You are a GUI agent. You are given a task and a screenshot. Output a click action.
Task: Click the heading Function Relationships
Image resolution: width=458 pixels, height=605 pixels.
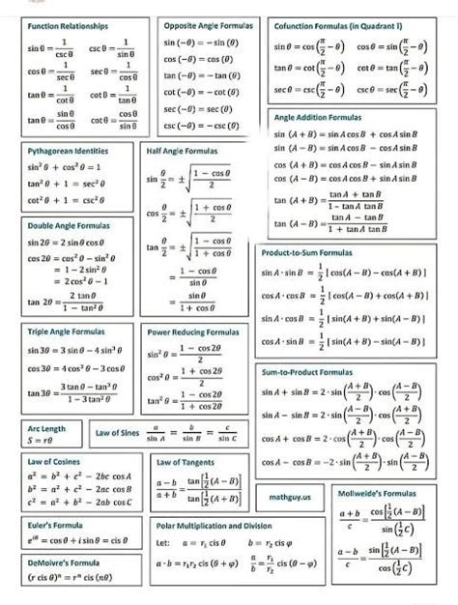68,25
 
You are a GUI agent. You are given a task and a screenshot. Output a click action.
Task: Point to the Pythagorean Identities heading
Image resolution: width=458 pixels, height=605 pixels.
68,152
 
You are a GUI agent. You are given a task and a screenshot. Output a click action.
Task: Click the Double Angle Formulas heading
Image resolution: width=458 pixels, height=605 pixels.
69,225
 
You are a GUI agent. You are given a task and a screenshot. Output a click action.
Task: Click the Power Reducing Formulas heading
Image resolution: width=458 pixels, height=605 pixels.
192,331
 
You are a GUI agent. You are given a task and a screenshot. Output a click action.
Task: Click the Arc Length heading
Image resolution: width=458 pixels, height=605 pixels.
46,427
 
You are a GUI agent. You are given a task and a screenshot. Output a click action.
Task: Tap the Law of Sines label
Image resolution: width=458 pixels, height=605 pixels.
118,434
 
